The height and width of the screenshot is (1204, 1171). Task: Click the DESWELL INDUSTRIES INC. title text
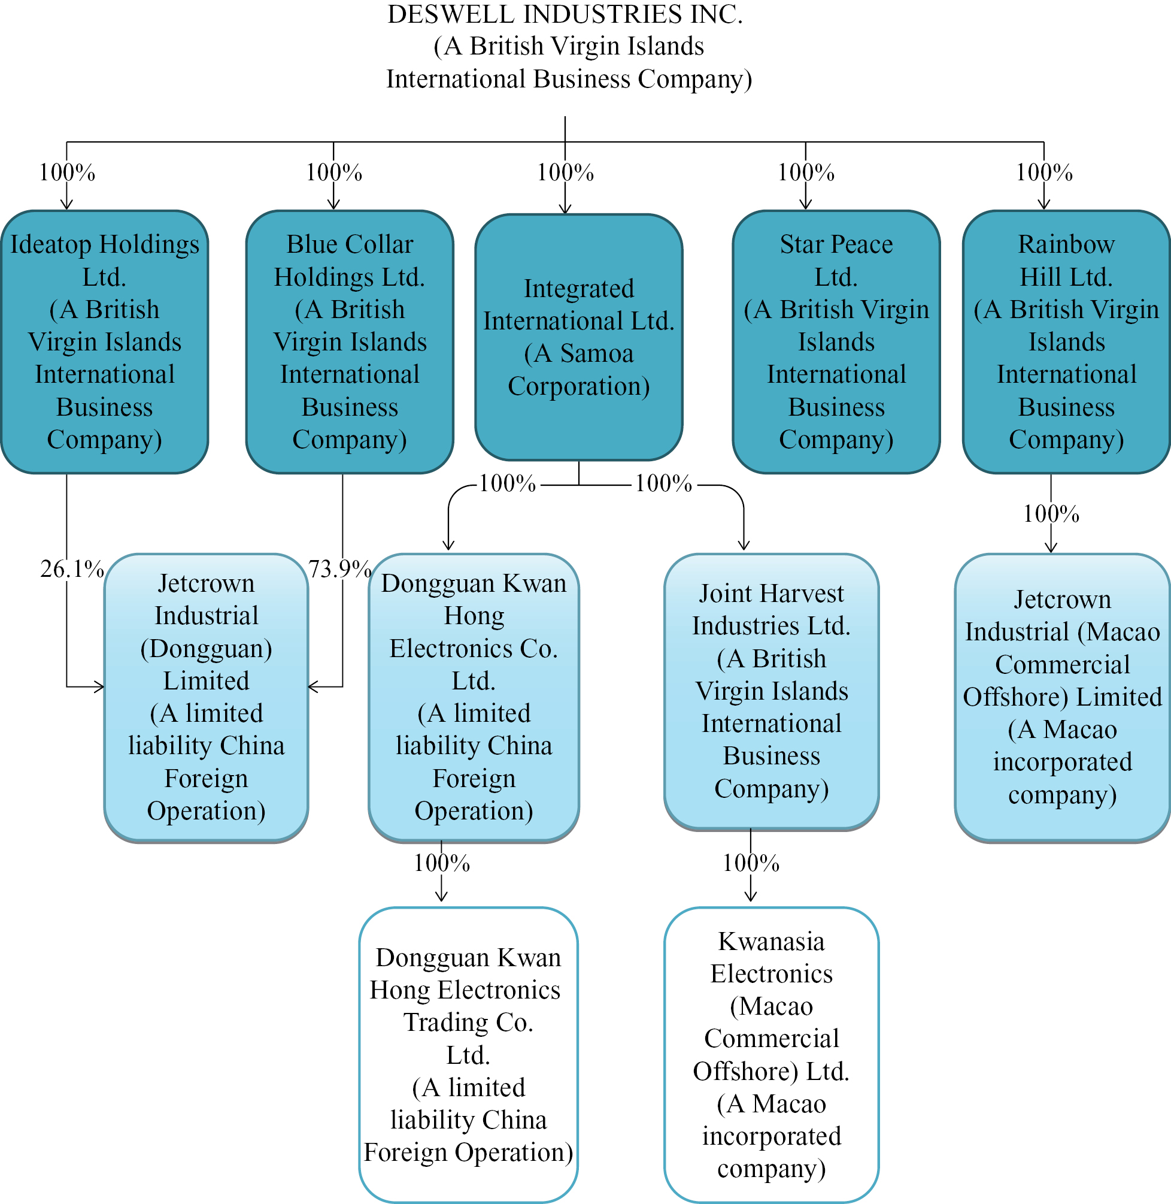tap(565, 15)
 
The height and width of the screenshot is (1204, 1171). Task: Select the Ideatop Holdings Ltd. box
tap(105, 341)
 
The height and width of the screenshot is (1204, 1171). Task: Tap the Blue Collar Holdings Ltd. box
tap(350, 341)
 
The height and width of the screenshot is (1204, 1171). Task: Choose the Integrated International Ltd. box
tap(578, 337)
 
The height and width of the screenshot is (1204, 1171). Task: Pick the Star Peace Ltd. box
tap(836, 341)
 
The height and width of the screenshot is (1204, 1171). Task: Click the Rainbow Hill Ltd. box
tap(1066, 341)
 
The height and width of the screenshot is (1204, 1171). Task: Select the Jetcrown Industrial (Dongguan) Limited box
tap(206, 697)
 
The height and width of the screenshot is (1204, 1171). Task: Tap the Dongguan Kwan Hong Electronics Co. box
tap(474, 697)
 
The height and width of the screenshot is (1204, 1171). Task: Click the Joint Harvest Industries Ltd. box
tap(771, 690)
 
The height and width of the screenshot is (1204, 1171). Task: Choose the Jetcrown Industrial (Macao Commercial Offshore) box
tap(1062, 697)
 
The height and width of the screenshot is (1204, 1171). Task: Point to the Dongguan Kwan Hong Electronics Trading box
tap(468, 1054)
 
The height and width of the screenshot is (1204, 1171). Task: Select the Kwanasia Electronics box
tap(771, 1054)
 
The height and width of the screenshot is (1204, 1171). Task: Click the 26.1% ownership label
tap(72, 569)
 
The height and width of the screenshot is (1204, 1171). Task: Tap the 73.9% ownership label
tap(339, 569)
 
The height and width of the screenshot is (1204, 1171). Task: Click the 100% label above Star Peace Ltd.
tap(806, 173)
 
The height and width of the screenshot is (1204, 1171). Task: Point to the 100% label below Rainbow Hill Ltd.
tap(1051, 514)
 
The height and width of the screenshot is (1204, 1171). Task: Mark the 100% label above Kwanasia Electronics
tap(750, 863)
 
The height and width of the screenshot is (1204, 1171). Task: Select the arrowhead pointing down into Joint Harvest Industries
tap(744, 545)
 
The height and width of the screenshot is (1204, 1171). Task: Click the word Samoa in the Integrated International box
tap(596, 354)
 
